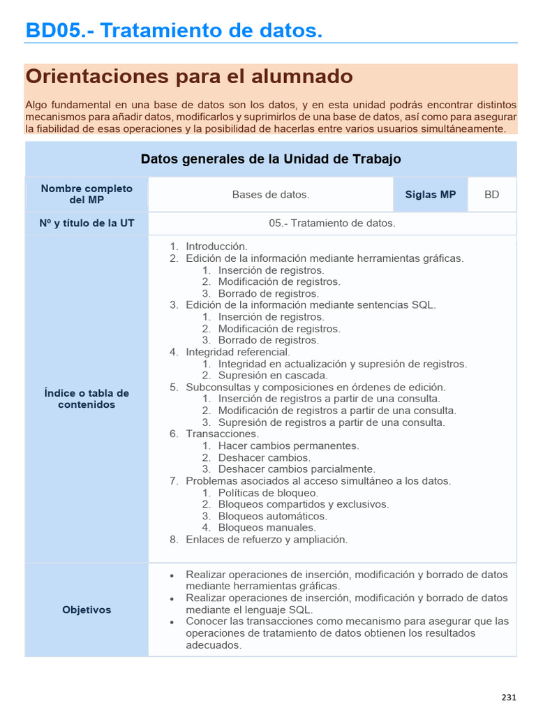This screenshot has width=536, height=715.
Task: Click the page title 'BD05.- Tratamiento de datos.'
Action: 174,31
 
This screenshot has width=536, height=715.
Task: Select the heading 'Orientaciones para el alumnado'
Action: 188,76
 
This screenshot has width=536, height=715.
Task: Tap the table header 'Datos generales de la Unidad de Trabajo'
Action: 271,159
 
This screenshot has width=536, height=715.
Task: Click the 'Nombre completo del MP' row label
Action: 87,194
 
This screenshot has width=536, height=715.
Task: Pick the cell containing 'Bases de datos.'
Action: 271,195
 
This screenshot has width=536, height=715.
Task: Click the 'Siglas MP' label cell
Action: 430,195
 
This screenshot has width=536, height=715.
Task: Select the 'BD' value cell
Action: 492,195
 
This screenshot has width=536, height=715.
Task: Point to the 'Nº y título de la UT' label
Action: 87,223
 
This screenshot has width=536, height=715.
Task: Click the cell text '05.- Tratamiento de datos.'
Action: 332,223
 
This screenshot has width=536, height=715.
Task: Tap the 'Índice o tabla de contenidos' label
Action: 87,399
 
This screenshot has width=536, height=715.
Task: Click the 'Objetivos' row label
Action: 87,610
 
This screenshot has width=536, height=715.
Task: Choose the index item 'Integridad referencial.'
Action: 237,352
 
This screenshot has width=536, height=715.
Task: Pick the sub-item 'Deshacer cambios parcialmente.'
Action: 296,469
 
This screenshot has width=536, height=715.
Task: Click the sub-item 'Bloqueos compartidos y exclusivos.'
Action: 303,504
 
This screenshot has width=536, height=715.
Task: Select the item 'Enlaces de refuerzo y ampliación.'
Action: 266,540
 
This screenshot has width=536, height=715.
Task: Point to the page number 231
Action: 509,697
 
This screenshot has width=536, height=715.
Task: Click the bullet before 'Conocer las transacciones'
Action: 172,622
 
